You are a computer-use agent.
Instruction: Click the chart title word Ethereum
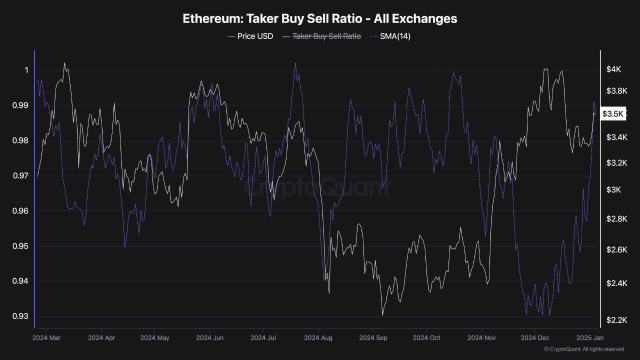click(210, 19)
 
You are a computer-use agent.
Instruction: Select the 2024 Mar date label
click(48, 337)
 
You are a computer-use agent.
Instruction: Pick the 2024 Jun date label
click(210, 337)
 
